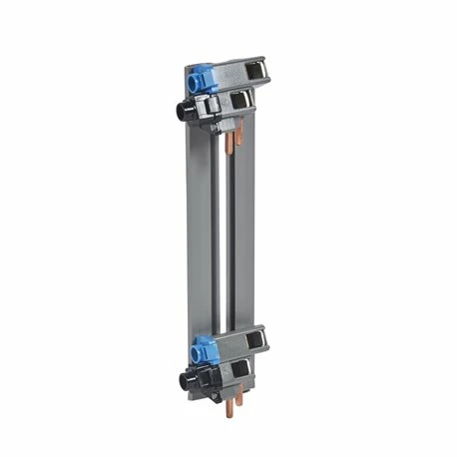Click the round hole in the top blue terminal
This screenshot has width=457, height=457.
pos(189,78)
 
